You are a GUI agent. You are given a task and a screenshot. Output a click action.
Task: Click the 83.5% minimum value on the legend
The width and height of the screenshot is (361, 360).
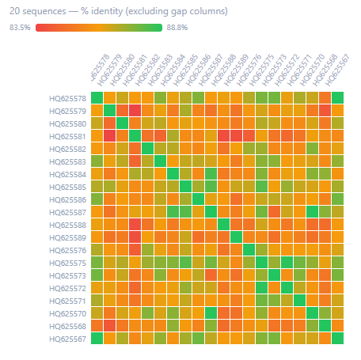[20, 28]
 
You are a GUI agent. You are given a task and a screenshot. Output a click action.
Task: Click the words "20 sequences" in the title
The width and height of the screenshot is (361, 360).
[35, 12]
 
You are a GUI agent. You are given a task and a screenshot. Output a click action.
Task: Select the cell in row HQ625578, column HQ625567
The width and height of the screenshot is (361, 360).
[338, 98]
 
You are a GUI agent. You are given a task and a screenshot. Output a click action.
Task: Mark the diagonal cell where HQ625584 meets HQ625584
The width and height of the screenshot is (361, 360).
[173, 174]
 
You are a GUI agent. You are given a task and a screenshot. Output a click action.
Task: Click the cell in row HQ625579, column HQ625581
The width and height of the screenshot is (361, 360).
[135, 111]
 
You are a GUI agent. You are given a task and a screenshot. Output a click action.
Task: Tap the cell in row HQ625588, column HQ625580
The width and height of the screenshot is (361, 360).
[122, 225]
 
